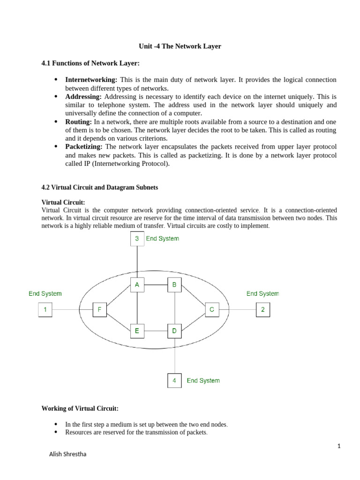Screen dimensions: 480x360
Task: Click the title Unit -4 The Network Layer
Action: [x=180, y=46]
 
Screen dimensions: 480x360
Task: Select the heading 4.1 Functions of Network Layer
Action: [x=90, y=63]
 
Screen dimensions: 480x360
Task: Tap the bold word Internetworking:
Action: [x=91, y=80]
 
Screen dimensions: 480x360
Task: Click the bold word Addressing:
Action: [x=83, y=96]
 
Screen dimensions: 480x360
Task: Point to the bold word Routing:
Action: [x=79, y=121]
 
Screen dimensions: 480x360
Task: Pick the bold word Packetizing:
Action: [x=83, y=147]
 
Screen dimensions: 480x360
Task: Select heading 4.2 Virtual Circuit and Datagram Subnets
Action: [x=100, y=187]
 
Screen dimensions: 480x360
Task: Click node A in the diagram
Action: [x=137, y=285]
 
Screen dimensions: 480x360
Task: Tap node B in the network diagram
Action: [x=174, y=285]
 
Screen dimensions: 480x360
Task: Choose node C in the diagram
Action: [x=212, y=309]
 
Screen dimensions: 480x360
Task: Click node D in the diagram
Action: [x=174, y=331]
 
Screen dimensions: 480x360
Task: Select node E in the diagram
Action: [x=137, y=331]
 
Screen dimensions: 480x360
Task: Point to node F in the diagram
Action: [x=99, y=309]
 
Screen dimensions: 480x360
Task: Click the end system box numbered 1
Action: [x=45, y=309]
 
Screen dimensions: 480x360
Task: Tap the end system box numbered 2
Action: [x=262, y=309]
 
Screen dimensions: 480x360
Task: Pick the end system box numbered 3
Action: [x=137, y=239]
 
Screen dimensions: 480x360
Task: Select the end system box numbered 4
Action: [x=174, y=380]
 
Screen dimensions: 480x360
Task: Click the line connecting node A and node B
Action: [x=156, y=285]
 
